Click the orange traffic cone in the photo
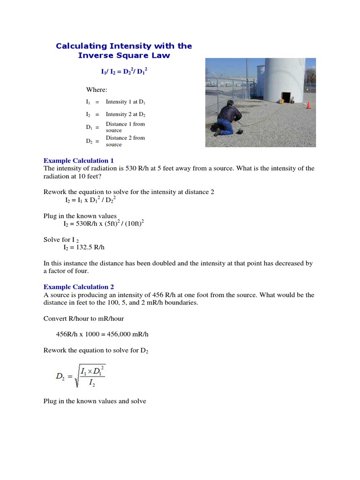point(308,105)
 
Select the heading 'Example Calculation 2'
point(78,287)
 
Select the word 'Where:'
point(97,90)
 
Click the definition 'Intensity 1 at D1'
point(128,102)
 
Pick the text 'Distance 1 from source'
point(125,127)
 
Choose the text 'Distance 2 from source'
point(125,141)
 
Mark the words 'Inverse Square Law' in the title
point(124,56)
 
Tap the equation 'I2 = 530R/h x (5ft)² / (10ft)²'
point(104,223)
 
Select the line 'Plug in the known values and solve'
point(95,401)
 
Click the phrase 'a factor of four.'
point(66,271)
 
